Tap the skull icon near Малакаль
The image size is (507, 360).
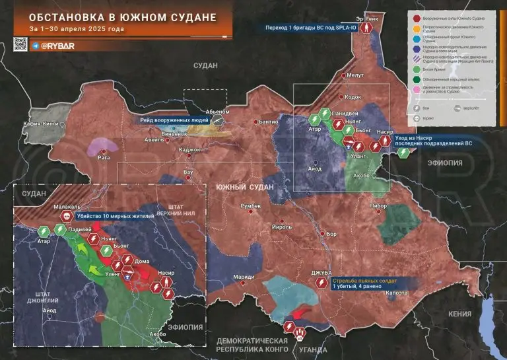[66, 216]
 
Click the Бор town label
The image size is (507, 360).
[331, 234]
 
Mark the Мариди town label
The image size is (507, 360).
[244, 275]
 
